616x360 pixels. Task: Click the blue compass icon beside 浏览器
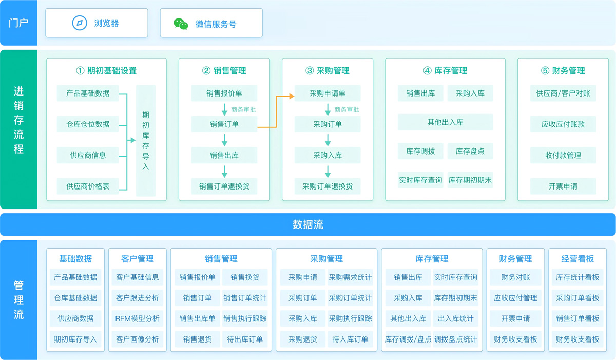click(x=80, y=23)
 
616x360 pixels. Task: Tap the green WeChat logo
click(x=181, y=24)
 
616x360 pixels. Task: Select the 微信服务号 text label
click(x=216, y=24)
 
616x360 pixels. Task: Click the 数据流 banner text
click(x=308, y=224)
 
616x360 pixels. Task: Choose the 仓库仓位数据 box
click(x=88, y=124)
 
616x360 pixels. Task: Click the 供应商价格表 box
click(x=88, y=186)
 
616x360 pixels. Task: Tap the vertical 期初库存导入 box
click(x=146, y=141)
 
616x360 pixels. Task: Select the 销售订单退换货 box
click(x=224, y=186)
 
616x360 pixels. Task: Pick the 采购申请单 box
click(x=328, y=93)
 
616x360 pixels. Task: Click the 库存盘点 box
click(x=470, y=151)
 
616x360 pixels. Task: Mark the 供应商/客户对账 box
click(x=563, y=93)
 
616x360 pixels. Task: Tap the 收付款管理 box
click(x=563, y=155)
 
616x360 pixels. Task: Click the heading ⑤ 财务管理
click(x=563, y=71)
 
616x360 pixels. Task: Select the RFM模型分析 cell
click(x=137, y=318)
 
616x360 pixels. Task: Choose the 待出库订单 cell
click(x=245, y=339)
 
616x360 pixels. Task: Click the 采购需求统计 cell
click(x=350, y=277)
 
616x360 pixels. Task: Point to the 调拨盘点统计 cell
click(x=455, y=339)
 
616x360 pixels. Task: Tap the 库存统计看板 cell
click(x=577, y=277)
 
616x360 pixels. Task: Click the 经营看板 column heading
click(x=577, y=259)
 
